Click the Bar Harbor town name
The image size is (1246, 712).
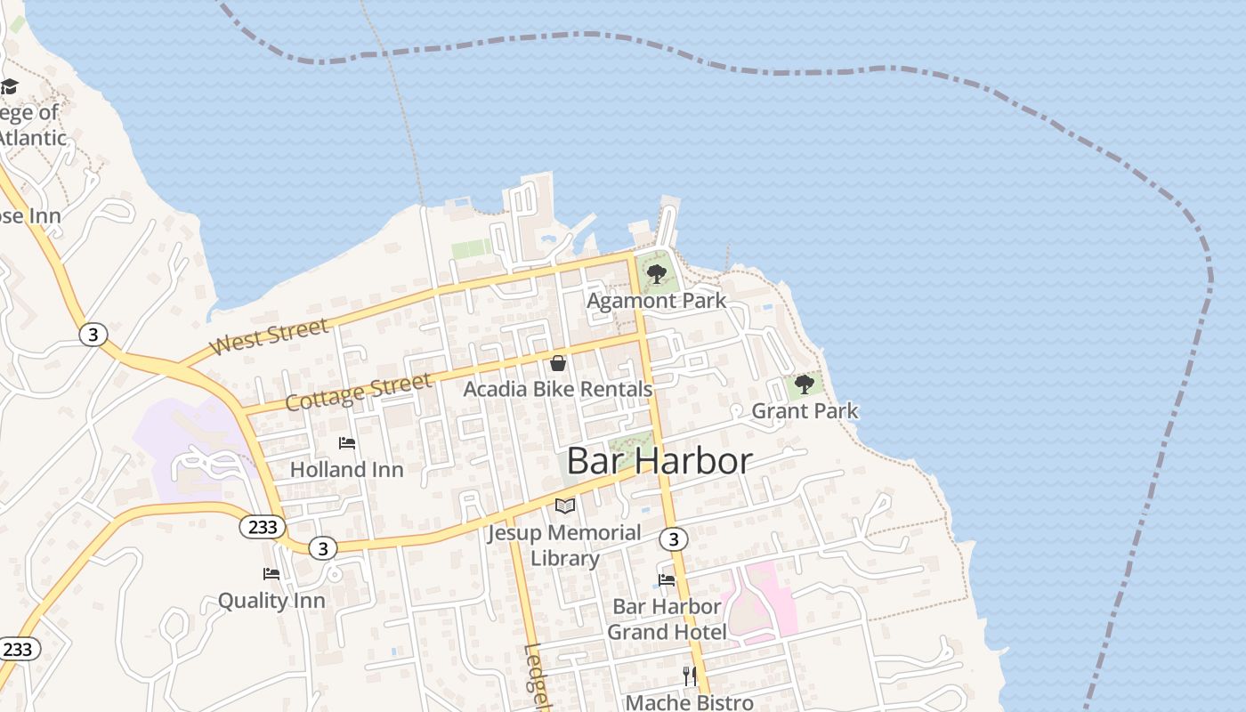tap(659, 461)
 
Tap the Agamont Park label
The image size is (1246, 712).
tap(656, 301)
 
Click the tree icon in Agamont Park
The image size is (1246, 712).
tap(657, 273)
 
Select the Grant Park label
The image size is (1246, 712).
tap(805, 410)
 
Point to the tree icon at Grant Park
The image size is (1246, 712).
tap(805, 384)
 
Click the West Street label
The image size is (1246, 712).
tap(270, 337)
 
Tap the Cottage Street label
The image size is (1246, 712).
tap(359, 392)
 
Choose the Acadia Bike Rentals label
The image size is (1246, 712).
tap(558, 389)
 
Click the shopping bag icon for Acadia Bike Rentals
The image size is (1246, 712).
tap(558, 363)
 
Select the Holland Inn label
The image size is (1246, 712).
tap(347, 469)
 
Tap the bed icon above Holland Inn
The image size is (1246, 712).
tap(347, 443)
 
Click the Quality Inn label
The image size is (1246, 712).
tap(271, 601)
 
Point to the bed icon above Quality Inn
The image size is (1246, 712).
tap(271, 574)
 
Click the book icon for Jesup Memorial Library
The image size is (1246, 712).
tap(565, 506)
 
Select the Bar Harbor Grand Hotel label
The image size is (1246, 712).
tap(667, 619)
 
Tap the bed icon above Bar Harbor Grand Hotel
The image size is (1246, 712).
tap(667, 580)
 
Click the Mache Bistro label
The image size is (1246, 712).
tap(690, 702)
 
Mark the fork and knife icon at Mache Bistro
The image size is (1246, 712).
tap(690, 676)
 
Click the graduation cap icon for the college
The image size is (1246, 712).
tap(9, 86)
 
